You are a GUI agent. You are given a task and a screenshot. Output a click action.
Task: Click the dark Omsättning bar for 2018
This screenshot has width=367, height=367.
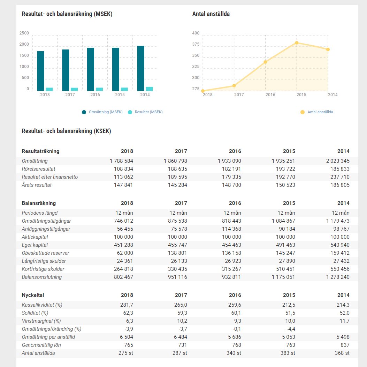click(x=40, y=71)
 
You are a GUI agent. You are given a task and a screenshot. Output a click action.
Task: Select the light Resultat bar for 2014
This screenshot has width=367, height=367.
click(x=149, y=89)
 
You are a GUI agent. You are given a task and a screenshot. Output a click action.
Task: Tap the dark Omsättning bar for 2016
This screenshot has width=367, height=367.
click(x=91, y=69)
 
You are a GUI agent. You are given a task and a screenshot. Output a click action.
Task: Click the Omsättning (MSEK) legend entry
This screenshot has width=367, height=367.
click(x=102, y=112)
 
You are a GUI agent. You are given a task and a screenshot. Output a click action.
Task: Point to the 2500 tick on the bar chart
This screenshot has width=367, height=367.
click(x=24, y=33)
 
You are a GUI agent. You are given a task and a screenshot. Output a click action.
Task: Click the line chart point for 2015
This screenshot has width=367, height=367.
click(x=297, y=43)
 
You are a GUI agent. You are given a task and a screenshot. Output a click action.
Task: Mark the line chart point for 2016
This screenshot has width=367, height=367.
click(x=265, y=62)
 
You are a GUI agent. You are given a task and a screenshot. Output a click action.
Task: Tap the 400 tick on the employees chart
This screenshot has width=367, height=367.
click(x=196, y=33)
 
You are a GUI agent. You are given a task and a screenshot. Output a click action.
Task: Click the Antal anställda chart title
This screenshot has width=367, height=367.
click(x=211, y=14)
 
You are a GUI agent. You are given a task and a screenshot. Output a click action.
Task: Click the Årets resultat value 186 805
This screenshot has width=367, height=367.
click(x=340, y=185)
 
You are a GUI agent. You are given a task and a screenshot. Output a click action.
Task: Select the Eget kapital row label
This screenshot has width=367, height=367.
click(x=35, y=245)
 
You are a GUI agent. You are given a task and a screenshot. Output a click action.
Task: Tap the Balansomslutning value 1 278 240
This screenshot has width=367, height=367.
click(x=337, y=277)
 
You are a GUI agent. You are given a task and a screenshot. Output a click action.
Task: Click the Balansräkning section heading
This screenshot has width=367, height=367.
click(x=39, y=203)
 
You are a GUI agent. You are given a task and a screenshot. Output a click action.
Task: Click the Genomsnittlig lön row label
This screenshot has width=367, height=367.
click(x=41, y=345)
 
